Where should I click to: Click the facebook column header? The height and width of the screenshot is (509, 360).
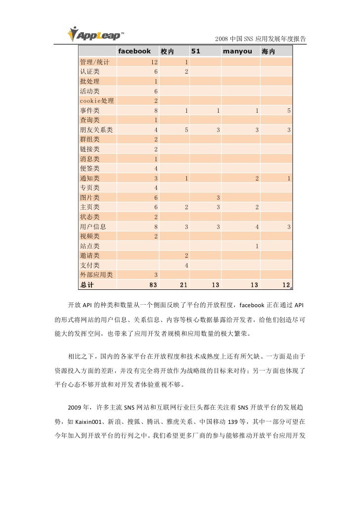click(134, 52)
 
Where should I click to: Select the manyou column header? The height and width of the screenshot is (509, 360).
click(239, 52)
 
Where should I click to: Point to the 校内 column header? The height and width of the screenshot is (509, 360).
click(168, 52)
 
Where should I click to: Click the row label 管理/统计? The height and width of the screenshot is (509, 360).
click(94, 62)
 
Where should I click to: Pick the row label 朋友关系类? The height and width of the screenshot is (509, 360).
click(96, 130)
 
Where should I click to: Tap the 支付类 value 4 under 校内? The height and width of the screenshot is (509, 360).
click(186, 265)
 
